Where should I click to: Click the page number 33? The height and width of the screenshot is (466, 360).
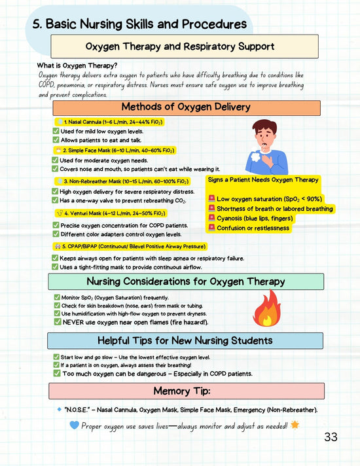coord(331,437)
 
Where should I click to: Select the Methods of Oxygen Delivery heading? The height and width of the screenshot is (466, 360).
coord(187,108)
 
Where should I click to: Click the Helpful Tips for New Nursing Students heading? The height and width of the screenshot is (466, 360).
coord(185,340)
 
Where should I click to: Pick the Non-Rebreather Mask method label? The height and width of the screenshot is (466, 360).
coord(120,181)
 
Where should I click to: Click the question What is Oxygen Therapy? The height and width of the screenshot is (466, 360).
coord(78,65)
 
